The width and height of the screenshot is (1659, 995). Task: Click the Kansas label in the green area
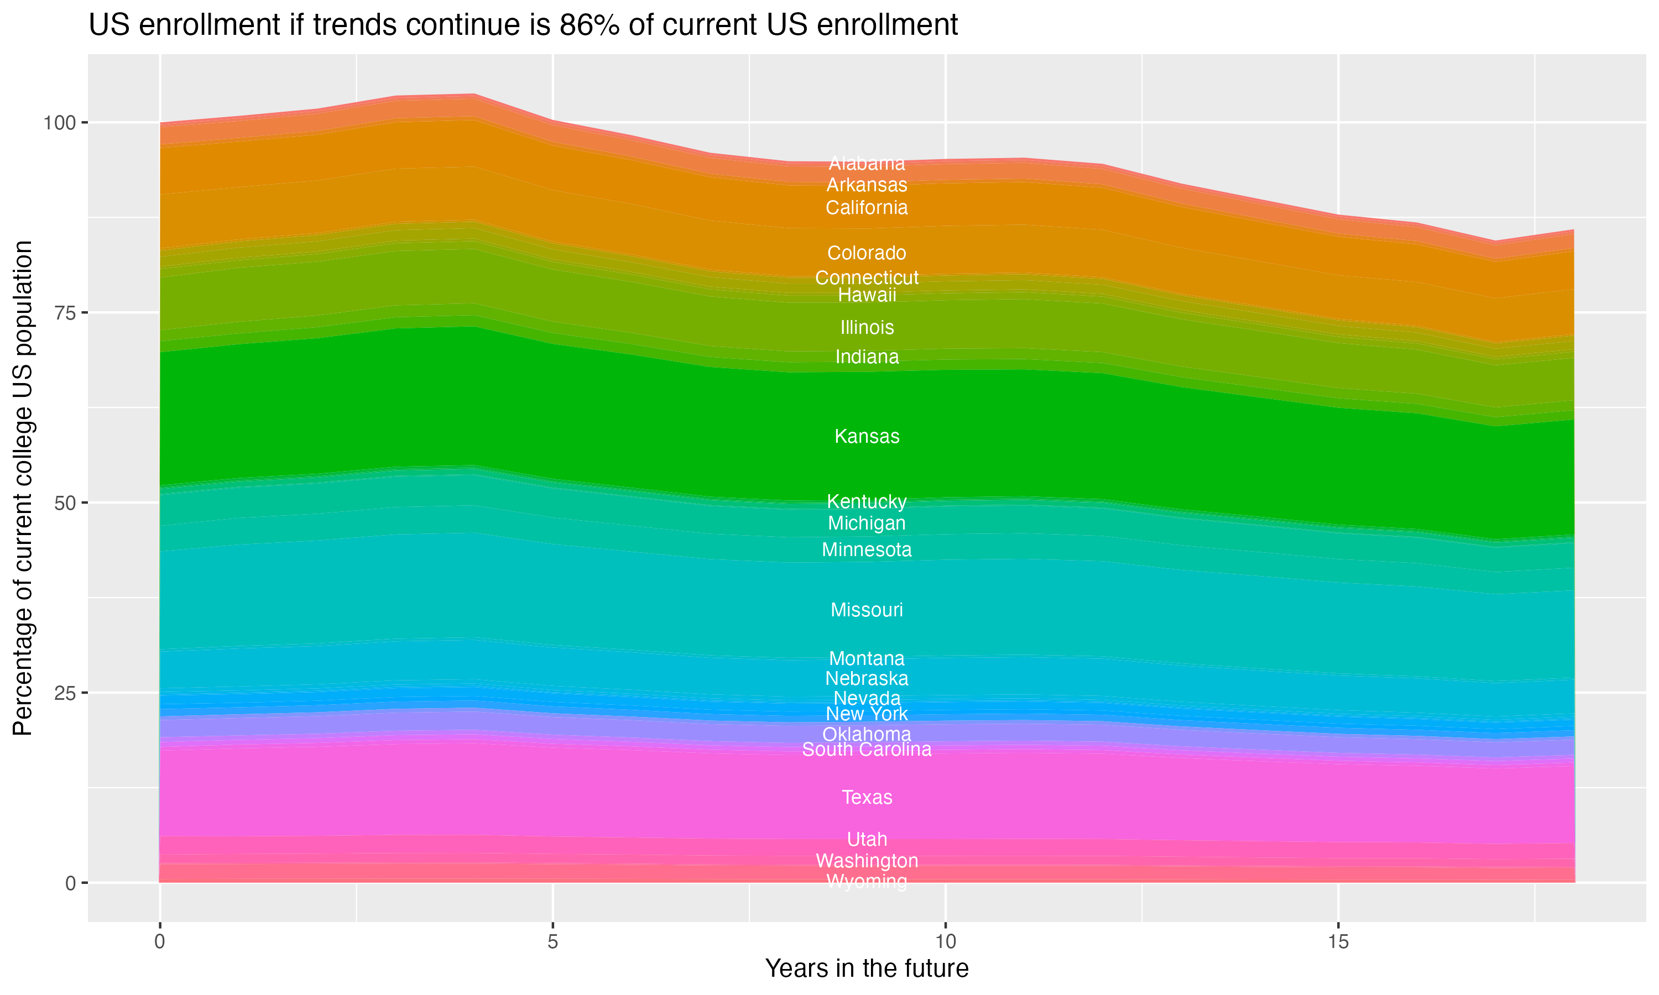(867, 437)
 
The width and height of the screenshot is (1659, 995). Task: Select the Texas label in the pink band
(867, 797)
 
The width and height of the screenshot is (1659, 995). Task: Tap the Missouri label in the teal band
(867, 610)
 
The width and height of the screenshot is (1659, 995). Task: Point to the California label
(867, 208)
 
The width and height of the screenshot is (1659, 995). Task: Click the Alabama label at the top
(867, 164)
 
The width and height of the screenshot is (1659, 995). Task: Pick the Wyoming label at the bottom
(867, 881)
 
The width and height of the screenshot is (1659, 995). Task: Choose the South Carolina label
(867, 750)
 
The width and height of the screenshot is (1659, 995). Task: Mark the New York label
(867, 714)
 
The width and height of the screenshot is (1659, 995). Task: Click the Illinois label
(867, 328)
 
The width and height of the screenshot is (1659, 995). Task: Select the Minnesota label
(867, 550)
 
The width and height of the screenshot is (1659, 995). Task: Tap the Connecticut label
(867, 277)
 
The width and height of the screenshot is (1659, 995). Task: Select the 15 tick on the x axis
(1338, 942)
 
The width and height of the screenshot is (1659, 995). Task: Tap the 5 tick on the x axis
(552, 942)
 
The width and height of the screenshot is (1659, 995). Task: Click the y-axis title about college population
(23, 488)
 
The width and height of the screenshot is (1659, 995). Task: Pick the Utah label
(867, 840)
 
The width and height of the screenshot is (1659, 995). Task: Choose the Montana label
(867, 658)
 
